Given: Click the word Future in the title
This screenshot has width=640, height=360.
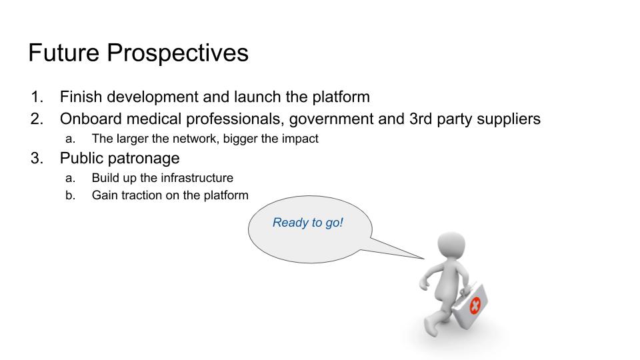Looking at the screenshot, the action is click(64, 53).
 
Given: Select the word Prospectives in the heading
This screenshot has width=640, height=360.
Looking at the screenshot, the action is click(177, 53).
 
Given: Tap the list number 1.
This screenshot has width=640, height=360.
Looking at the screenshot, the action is click(37, 97).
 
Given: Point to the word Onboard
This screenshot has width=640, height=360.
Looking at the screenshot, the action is click(90, 119).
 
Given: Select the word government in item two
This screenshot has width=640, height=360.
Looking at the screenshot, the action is click(331, 119).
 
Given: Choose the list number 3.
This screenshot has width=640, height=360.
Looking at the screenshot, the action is click(37, 158).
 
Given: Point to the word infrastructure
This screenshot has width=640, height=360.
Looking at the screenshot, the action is click(197, 178).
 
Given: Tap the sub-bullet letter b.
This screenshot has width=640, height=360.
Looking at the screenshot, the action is click(70, 195).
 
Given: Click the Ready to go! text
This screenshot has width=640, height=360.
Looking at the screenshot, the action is click(308, 223).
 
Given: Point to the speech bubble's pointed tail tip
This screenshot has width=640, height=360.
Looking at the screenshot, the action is click(424, 259).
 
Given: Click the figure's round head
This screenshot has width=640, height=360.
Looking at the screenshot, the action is click(451, 245).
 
